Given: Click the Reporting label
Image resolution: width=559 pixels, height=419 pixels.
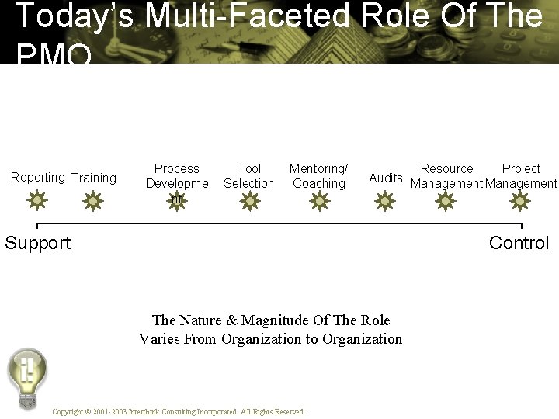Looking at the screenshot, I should (x=38, y=177).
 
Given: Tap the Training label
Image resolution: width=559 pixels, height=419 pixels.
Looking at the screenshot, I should (x=94, y=178).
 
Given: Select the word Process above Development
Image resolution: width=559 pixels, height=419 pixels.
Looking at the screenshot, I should (x=177, y=168).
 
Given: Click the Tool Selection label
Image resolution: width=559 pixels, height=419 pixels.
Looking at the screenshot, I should (x=249, y=176).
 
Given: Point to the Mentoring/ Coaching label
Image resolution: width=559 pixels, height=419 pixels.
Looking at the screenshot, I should (x=319, y=176).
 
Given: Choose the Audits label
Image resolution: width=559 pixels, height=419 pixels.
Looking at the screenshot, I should (x=386, y=178).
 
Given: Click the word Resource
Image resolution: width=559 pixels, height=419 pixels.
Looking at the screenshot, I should (x=446, y=168).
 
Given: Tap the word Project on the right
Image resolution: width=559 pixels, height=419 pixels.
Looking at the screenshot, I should (x=521, y=168).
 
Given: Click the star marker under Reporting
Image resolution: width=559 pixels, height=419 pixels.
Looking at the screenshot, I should (x=36, y=202).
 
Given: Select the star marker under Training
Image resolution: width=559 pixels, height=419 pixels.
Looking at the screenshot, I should (x=93, y=202).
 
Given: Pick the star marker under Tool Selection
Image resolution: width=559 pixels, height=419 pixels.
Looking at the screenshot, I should (x=249, y=202).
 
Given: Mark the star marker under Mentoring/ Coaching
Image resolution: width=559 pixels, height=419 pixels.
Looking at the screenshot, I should (x=319, y=202).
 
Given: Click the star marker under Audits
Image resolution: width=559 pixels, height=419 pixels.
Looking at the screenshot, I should (x=385, y=202).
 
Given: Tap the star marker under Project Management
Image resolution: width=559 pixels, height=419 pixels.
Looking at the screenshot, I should (x=519, y=202).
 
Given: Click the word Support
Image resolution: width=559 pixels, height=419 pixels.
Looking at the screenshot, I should (x=38, y=243).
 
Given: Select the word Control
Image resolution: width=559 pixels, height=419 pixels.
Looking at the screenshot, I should (x=519, y=243).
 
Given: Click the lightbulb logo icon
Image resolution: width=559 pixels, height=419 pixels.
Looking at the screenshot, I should (x=27, y=376).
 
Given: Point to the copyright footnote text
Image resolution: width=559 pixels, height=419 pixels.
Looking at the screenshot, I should (x=179, y=411).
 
